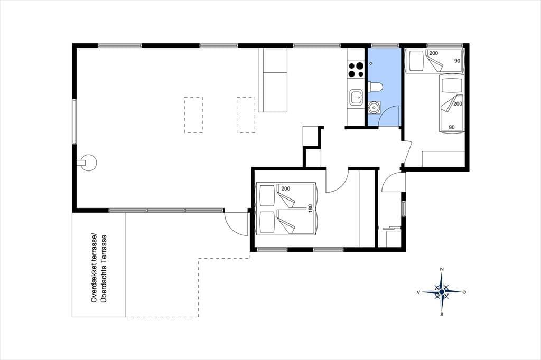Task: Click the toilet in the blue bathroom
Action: coord(375,87)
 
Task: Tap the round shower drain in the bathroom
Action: coord(371,63)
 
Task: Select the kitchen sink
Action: coord(356,97)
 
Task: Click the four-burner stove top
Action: coord(356,69)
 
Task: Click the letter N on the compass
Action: coord(442,269)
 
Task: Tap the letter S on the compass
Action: coord(442,315)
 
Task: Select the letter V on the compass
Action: coord(418,292)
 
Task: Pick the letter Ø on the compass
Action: coord(464,292)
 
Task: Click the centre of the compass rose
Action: coord(442,292)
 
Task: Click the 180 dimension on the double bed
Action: coord(310,209)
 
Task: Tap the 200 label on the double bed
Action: coord(286,188)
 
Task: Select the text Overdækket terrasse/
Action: coord(94,268)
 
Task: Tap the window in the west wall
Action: coord(74,121)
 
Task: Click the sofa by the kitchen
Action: coord(273,80)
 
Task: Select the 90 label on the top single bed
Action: coord(457,61)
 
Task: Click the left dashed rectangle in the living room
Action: coord(193,115)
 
